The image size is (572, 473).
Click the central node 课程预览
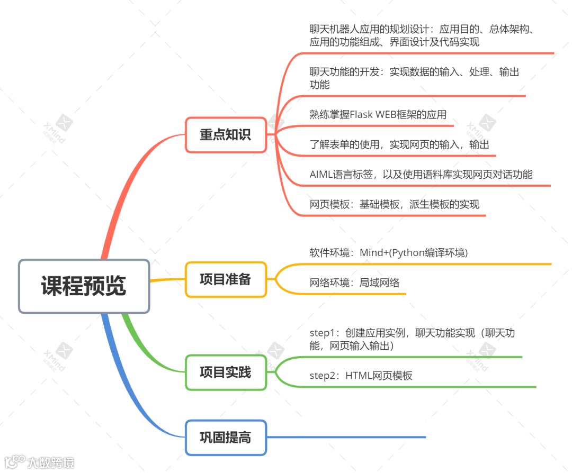click(84, 286)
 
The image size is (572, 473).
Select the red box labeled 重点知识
click(225, 135)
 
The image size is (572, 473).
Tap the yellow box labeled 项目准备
click(225, 279)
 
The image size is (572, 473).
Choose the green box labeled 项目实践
click(225, 372)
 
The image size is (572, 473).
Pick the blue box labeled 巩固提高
click(225, 438)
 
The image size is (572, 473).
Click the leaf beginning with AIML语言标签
click(421, 174)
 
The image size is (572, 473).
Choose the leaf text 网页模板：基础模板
click(394, 204)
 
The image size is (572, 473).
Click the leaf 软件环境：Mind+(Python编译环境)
click(388, 252)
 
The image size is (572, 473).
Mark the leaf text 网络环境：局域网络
click(354, 283)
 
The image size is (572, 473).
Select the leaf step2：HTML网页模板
click(361, 376)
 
